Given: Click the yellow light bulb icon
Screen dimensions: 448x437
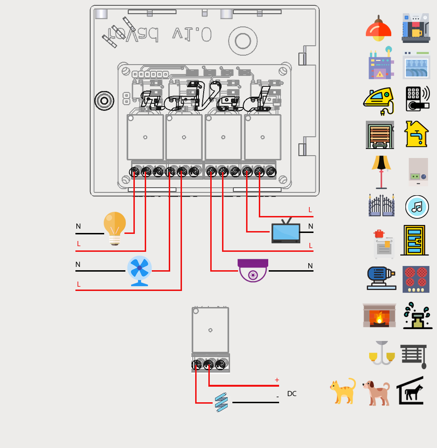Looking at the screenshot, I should (x=115, y=228).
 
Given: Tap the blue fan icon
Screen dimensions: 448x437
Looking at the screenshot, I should (x=139, y=271).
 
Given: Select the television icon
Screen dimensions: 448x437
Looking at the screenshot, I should (x=286, y=231).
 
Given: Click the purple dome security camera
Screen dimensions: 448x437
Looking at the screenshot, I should (x=253, y=270).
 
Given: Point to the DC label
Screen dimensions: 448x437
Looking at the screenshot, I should (x=292, y=394).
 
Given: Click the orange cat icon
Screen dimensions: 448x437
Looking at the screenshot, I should (x=343, y=391).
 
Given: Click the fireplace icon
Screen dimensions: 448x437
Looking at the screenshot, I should (x=379, y=315).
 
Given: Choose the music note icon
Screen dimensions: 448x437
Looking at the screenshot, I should (x=417, y=207).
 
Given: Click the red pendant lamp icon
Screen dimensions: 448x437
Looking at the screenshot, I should (x=379, y=28).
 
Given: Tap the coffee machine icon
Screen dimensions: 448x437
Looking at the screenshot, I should (x=416, y=28).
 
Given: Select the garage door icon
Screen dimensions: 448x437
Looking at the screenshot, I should (x=379, y=135).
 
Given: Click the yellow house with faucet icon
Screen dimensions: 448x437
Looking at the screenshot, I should (x=417, y=134).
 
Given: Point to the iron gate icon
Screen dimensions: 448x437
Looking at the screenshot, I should (x=381, y=206).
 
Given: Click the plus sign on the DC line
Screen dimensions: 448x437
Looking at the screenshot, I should (x=277, y=380).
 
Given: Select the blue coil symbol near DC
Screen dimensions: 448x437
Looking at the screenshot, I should (x=221, y=403).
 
